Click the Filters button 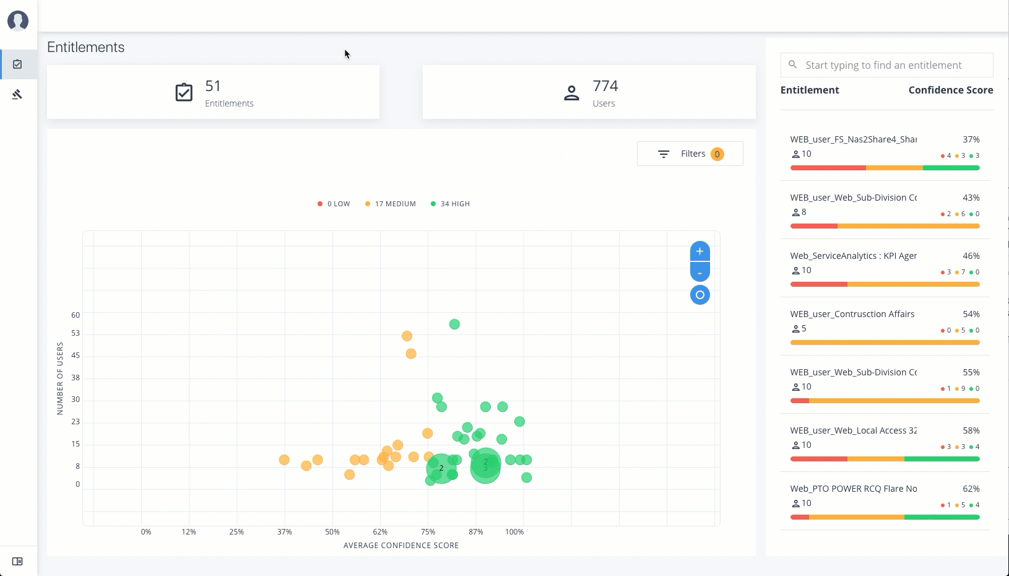(x=690, y=154)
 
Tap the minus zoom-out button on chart (x=699, y=273)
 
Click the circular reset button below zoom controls (x=699, y=295)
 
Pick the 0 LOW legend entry (x=334, y=204)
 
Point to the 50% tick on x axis (x=332, y=532)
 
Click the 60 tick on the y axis (x=76, y=315)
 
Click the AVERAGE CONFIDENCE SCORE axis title (x=401, y=546)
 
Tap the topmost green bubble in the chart (x=454, y=325)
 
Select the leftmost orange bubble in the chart (x=284, y=460)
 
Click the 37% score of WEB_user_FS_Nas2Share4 (x=971, y=139)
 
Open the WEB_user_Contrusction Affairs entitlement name (x=852, y=314)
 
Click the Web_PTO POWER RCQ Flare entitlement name (x=853, y=489)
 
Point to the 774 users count (x=605, y=86)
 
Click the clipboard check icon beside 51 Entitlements (x=184, y=92)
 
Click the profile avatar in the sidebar (x=18, y=20)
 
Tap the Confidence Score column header (x=950, y=90)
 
